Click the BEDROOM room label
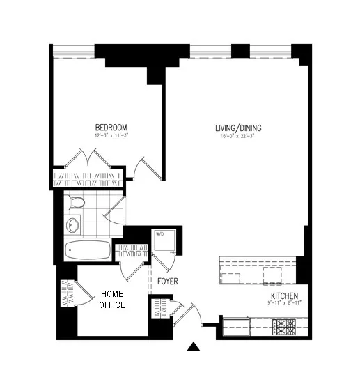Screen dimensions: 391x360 (111, 127)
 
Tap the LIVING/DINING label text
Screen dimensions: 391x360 (237, 128)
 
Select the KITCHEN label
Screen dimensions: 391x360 (285, 296)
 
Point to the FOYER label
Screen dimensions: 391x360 (167, 282)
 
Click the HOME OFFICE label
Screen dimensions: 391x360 (111, 299)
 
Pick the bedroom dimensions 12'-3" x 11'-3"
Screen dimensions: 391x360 (111, 136)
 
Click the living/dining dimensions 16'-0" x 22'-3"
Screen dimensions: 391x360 (237, 137)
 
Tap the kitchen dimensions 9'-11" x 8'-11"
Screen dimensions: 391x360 (285, 304)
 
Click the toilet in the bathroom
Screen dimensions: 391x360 (77, 203)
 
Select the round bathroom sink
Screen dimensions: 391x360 (72, 225)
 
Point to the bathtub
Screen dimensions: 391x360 (87, 250)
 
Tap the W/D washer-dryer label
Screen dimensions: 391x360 (159, 234)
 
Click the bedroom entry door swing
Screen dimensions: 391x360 (148, 168)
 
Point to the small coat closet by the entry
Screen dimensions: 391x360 (162, 307)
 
